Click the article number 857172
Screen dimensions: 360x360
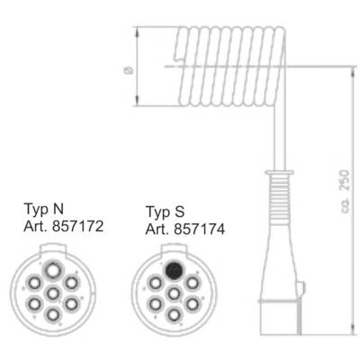[77, 226]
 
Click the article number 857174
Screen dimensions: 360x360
[200, 229]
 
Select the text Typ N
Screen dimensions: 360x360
[44, 209]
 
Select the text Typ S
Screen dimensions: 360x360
[165, 211]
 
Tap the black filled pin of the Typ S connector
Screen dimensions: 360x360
[174, 270]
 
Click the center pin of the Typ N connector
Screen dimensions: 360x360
[53, 293]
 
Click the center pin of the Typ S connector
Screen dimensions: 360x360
[174, 293]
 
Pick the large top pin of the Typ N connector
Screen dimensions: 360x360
[53, 270]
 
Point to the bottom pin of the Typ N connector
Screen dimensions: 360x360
[53, 315]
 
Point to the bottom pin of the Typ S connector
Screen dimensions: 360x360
[174, 315]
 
